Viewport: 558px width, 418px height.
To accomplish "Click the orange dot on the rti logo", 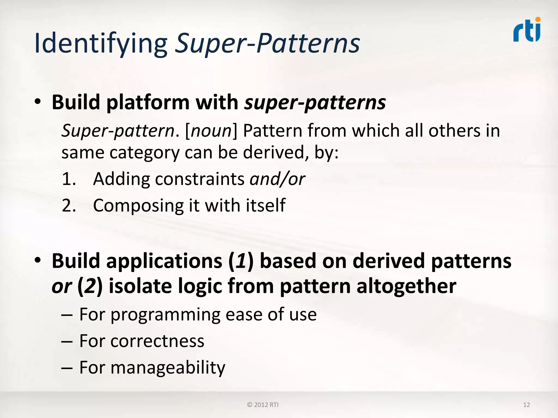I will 538,19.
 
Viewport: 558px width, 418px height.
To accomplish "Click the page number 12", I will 526,405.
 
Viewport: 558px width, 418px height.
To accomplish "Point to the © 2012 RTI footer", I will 263,405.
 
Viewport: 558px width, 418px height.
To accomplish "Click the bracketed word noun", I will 211,131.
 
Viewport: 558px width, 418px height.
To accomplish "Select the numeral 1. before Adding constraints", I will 69,179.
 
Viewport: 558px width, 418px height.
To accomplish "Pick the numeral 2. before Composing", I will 69,205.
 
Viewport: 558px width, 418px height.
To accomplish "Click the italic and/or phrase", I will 277,179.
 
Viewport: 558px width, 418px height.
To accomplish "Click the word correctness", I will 157,341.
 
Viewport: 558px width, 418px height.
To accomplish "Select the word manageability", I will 168,368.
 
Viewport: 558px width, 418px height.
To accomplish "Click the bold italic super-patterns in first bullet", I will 315,103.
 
